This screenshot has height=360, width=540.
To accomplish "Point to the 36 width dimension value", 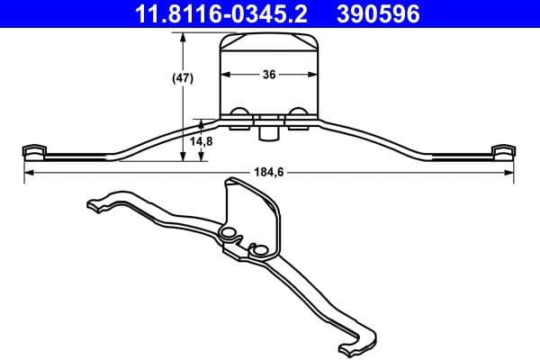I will tap(269, 76).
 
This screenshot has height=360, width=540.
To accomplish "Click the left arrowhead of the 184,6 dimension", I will tap(27, 172).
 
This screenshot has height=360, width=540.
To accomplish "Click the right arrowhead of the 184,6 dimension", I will tap(510, 172).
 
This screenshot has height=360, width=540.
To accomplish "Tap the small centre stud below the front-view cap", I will tap(267, 132).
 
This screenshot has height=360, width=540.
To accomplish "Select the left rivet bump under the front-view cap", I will tap(240, 113).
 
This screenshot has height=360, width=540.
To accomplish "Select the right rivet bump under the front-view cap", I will tap(297, 113).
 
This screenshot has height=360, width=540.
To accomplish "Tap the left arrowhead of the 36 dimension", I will tap(223, 76).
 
